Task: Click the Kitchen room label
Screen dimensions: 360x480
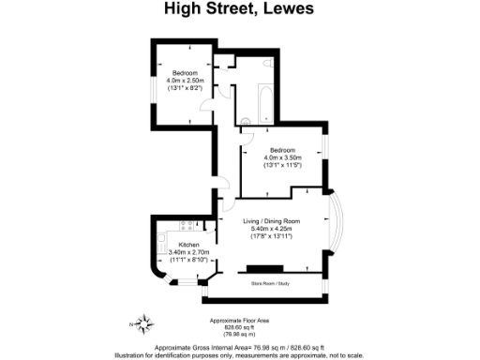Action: [x=178, y=244]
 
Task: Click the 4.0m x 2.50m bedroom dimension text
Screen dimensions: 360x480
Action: [x=185, y=80]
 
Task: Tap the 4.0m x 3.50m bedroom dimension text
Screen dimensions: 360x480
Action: [x=282, y=157]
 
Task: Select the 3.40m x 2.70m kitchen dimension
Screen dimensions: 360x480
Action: [x=178, y=251]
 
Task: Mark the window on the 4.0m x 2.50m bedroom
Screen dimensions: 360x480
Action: [x=153, y=80]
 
